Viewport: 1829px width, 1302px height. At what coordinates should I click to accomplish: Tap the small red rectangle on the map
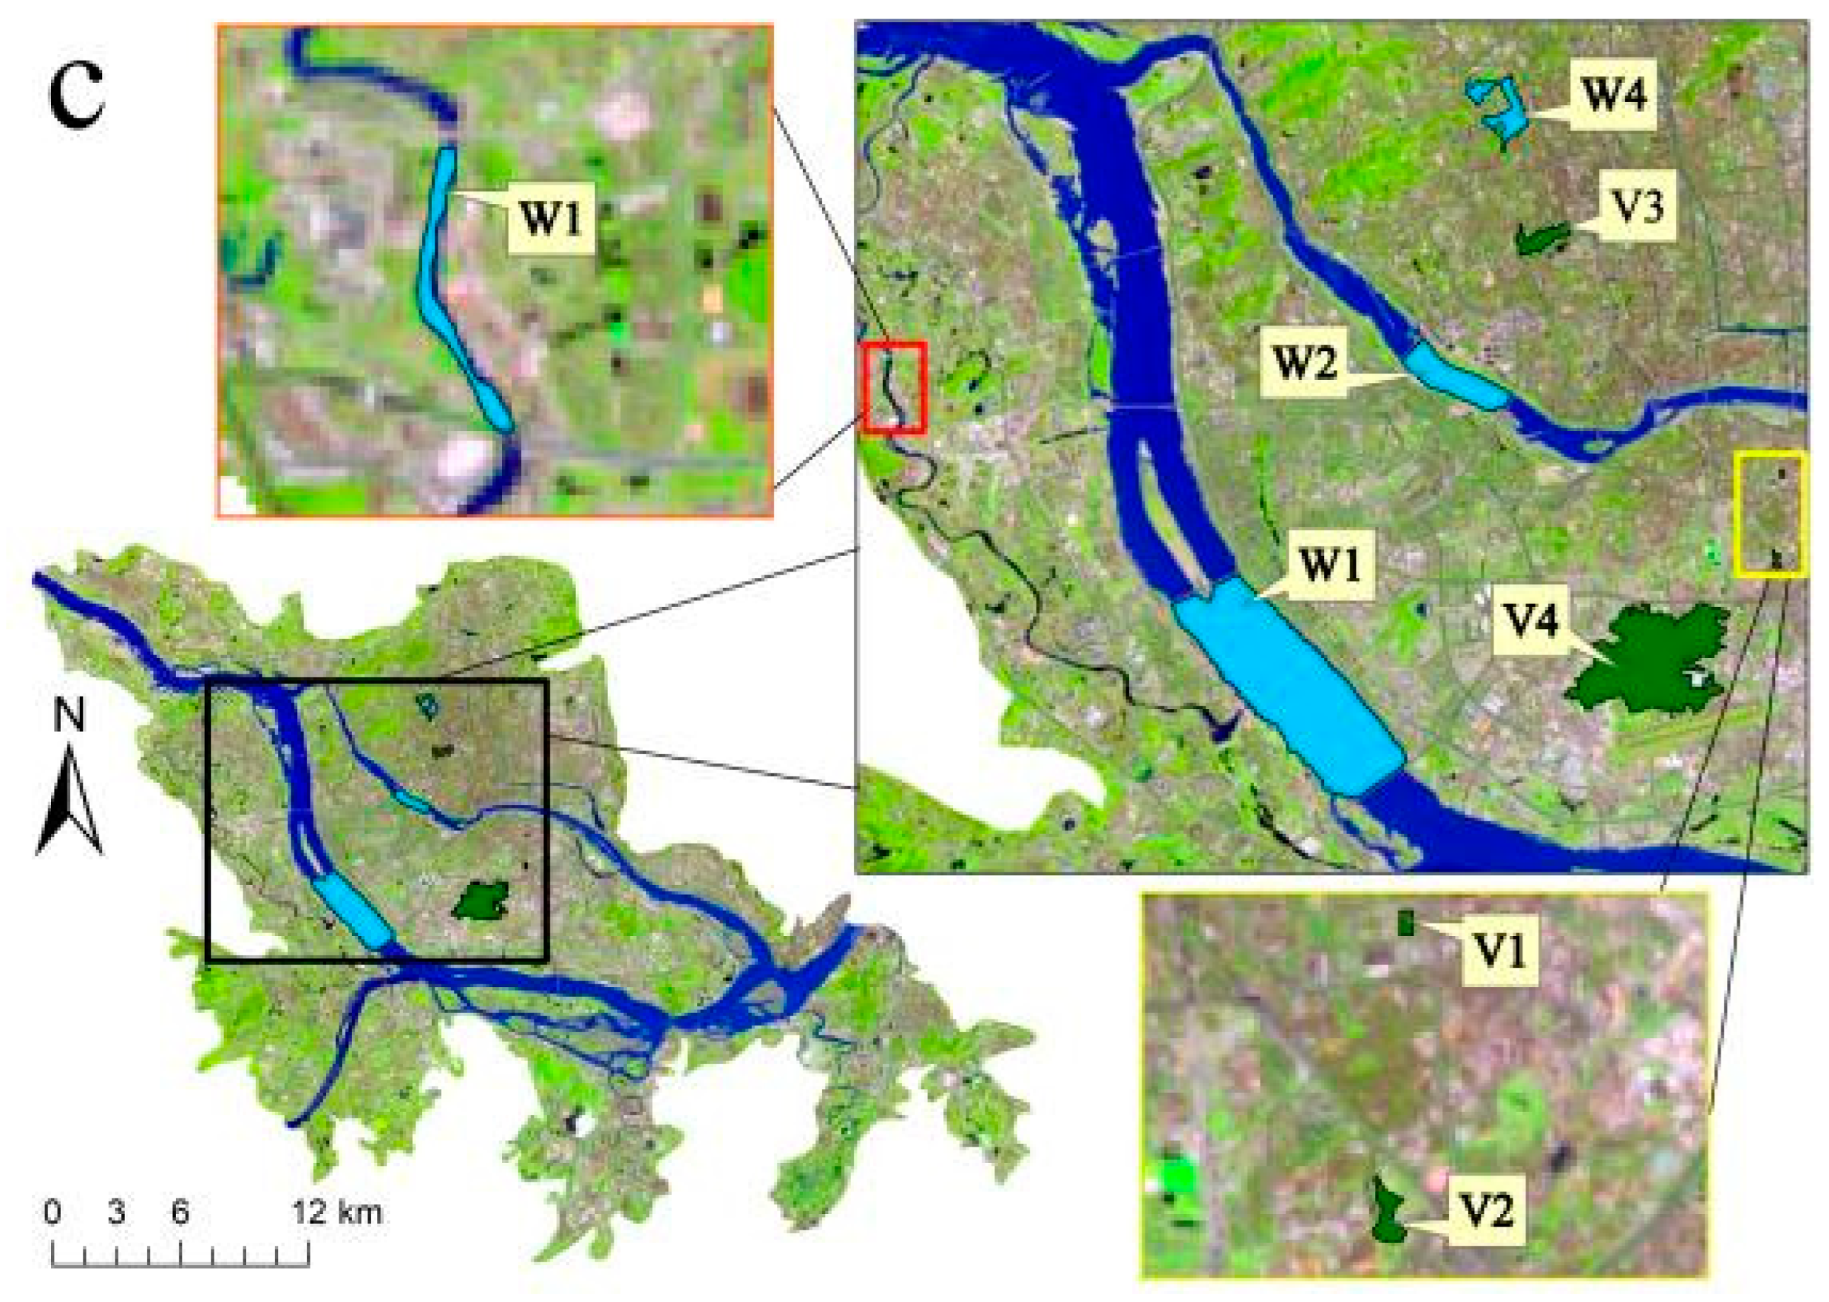[x=895, y=387]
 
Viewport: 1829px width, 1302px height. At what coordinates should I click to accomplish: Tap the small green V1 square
[x=1405, y=922]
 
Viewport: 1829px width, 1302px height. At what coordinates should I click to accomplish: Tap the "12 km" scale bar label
[x=337, y=1211]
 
